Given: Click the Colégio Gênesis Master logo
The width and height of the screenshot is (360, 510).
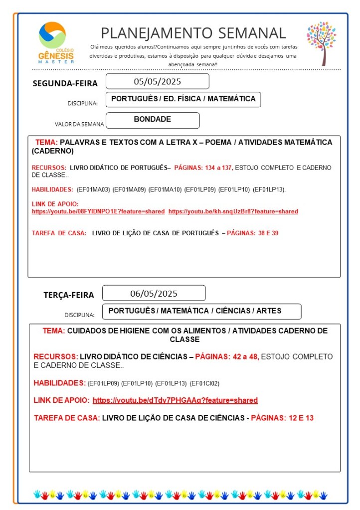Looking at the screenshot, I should (56, 43).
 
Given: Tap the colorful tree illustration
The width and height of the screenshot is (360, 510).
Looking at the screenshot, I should (321, 43).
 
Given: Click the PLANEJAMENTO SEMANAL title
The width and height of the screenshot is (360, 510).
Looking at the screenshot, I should (193, 33).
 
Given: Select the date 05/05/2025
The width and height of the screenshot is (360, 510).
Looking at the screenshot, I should (157, 81).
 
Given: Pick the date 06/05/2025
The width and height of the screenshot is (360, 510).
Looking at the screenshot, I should (154, 293).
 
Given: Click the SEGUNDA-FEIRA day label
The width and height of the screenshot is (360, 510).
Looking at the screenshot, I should (65, 83).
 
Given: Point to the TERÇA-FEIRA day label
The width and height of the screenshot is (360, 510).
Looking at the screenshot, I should (68, 295).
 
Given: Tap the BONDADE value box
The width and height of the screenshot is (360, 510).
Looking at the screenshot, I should (153, 120).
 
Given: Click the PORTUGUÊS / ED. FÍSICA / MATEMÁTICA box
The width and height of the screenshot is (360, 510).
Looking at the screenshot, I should (183, 99).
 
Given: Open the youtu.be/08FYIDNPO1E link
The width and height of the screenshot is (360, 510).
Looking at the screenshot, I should (98, 211).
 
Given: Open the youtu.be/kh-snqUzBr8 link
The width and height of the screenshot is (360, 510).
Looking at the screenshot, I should (233, 211).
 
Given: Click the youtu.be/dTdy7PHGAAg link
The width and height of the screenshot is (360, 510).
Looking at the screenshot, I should (175, 400).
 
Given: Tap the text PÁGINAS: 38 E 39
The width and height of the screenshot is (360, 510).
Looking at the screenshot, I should (252, 233).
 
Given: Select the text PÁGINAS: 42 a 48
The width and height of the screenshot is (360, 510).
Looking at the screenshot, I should (227, 356).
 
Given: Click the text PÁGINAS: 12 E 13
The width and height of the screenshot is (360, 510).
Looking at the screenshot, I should (282, 418).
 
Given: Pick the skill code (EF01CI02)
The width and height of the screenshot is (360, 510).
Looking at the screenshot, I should (204, 383).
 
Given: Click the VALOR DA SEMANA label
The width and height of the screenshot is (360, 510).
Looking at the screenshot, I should (79, 124).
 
